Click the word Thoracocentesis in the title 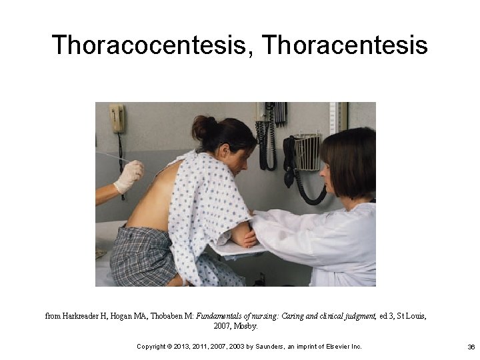click(152, 45)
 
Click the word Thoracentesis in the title click(345, 45)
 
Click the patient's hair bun click(204, 126)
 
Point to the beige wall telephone click(117, 119)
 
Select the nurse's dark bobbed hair click(350, 160)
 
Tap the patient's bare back click(152, 200)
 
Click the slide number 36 click(471, 347)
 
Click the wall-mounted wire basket click(307, 152)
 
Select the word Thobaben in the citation click(175, 316)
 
